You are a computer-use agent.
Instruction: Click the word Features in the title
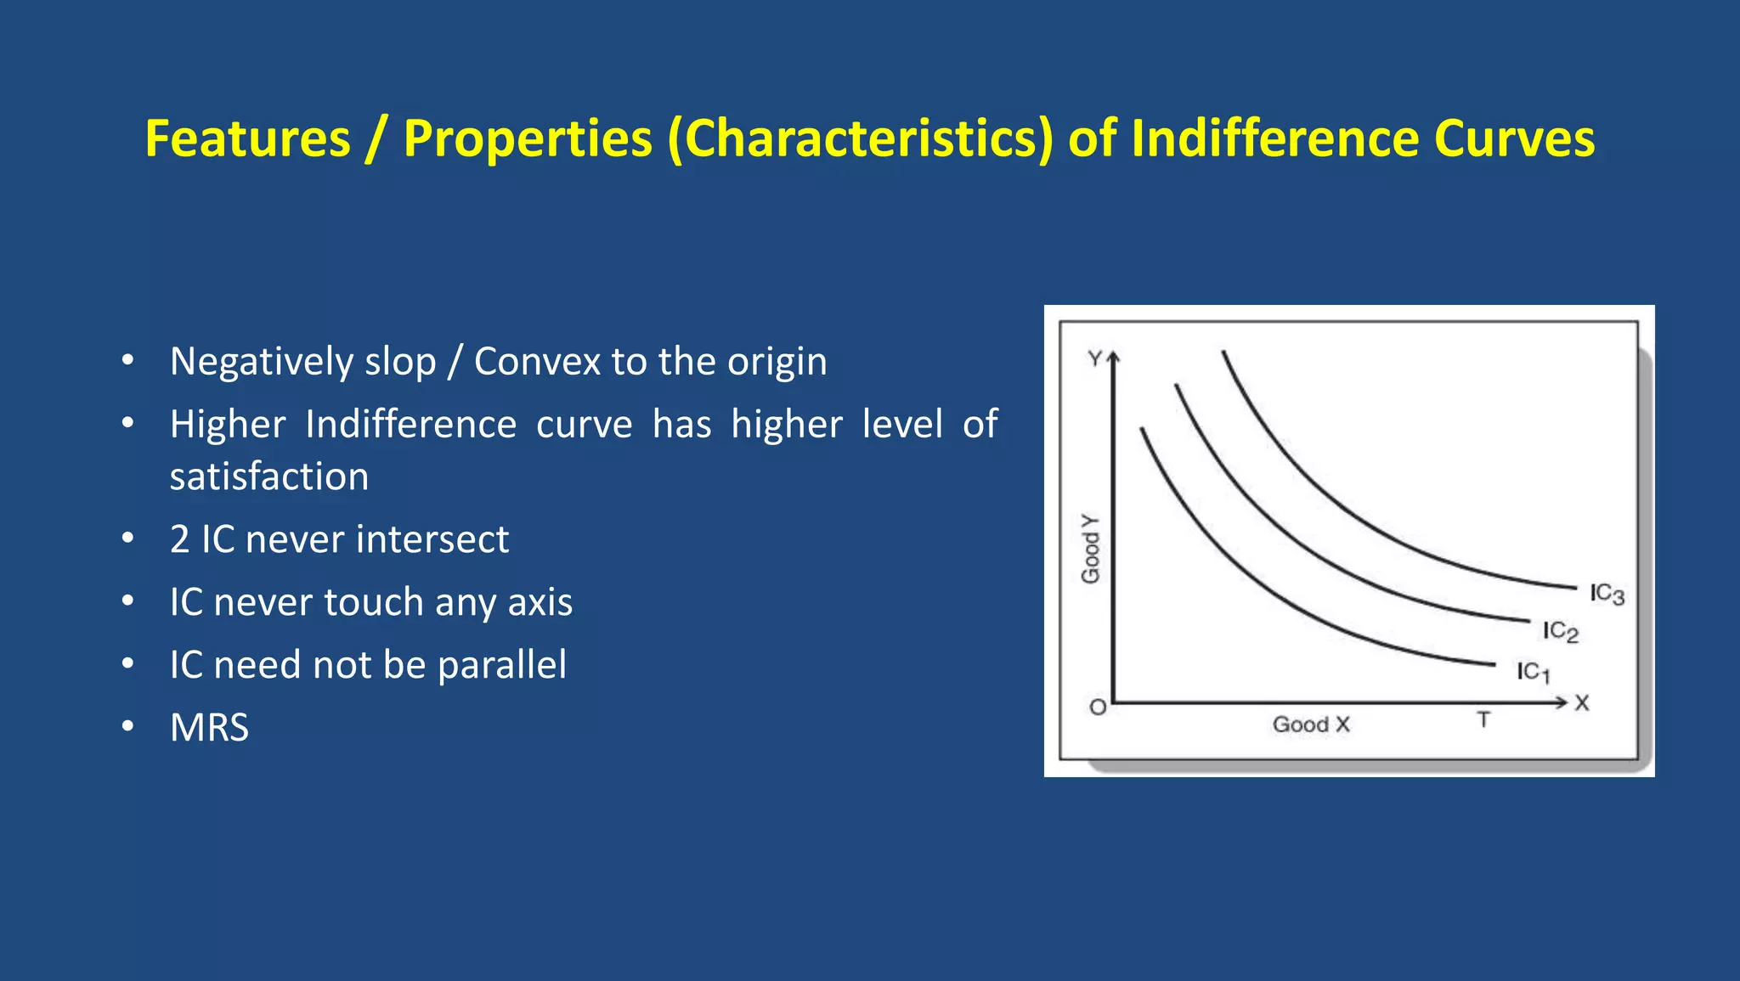247,138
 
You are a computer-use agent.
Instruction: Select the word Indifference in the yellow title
1274,138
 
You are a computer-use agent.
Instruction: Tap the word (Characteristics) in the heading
860,138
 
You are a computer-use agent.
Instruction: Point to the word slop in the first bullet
400,363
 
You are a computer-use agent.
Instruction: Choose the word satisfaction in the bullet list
269,476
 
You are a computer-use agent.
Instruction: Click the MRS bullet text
209,728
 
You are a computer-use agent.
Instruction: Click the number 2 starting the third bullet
179,539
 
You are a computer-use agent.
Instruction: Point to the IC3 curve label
1607,594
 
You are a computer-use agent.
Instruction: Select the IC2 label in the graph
1560,631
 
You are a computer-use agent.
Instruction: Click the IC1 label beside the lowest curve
1534,672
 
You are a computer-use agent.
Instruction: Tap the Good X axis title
1310,724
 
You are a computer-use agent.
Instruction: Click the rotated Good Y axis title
1090,549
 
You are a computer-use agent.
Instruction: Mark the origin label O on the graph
1098,707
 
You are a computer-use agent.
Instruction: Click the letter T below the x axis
1483,719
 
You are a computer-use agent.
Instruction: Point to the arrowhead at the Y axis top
1113,358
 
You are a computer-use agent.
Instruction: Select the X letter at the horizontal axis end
1582,703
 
